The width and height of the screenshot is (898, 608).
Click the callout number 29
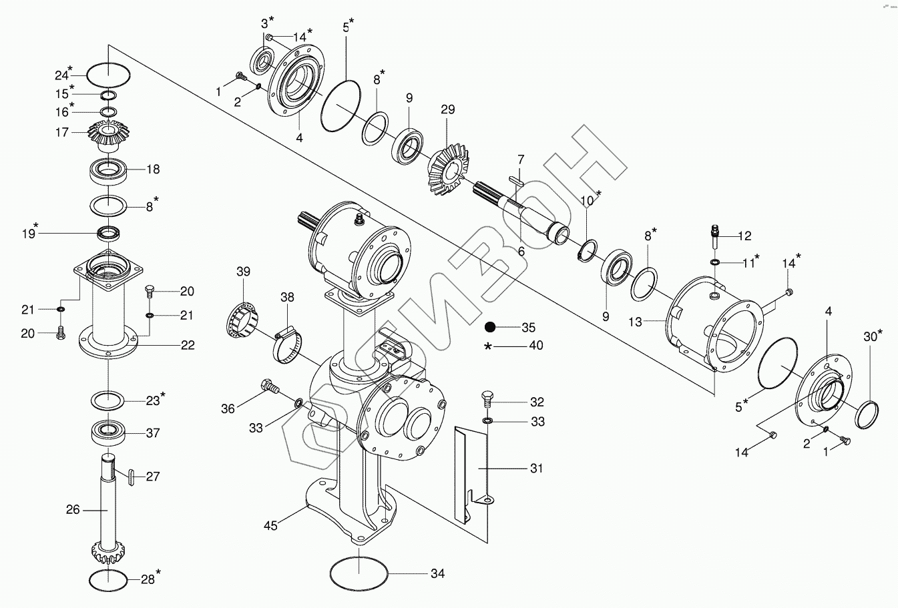coord(447,109)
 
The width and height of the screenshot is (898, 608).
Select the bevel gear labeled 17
coord(108,137)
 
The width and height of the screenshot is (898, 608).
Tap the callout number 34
coord(437,573)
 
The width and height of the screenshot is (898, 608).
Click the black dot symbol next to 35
coord(490,327)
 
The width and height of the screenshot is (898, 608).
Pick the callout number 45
coord(270,525)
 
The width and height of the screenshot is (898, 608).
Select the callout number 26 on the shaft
coord(73,509)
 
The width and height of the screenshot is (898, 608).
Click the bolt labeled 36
coord(268,387)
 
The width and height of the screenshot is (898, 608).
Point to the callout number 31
coord(536,469)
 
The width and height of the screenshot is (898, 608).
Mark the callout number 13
coord(634,322)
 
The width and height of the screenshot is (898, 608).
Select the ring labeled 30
coord(867,414)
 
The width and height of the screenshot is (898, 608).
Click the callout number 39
coord(243,271)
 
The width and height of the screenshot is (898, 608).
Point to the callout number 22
coord(188,345)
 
